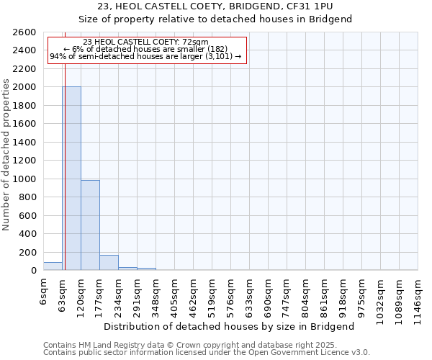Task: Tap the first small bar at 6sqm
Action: [53, 266]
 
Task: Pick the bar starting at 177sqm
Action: [109, 263]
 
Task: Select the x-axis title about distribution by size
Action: [229, 327]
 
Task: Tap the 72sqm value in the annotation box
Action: [196, 42]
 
